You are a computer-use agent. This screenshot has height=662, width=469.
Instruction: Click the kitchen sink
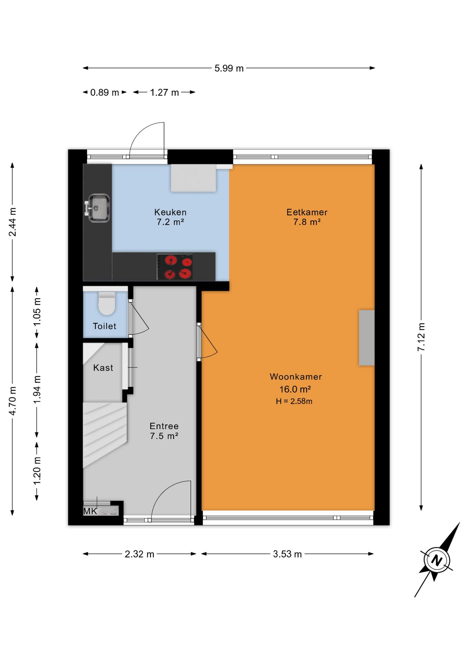pyautogui.click(x=98, y=208)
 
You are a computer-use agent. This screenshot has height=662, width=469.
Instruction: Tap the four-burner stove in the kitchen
pyautogui.click(x=175, y=267)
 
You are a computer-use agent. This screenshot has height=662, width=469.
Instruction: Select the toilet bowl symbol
pyautogui.click(x=107, y=303)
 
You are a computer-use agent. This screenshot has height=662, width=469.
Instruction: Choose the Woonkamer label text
pyautogui.click(x=296, y=377)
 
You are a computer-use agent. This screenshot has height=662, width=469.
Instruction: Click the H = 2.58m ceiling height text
pyautogui.click(x=294, y=401)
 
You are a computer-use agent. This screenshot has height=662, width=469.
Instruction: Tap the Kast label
pyautogui.click(x=103, y=368)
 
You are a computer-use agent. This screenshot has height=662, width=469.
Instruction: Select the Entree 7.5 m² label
pyautogui.click(x=164, y=431)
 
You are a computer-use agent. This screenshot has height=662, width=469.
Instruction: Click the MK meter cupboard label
pyautogui.click(x=90, y=511)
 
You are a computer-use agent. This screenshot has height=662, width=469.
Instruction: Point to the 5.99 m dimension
pyautogui.click(x=229, y=68)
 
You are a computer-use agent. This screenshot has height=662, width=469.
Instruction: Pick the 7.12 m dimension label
pyautogui.click(x=421, y=337)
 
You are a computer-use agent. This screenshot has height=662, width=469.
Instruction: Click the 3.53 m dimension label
pyautogui.click(x=287, y=554)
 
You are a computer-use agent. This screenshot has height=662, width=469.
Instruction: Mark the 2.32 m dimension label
pyautogui.click(x=140, y=554)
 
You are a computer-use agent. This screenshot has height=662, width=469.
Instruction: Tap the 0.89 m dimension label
pyautogui.click(x=104, y=92)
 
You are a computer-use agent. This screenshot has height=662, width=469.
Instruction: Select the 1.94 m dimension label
pyautogui.click(x=37, y=389)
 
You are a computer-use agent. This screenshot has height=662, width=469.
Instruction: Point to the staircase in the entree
pyautogui.click(x=105, y=434)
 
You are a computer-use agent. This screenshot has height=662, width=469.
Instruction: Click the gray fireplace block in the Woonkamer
pyautogui.click(x=366, y=338)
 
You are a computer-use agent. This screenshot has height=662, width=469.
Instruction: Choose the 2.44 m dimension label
pyautogui.click(x=12, y=222)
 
